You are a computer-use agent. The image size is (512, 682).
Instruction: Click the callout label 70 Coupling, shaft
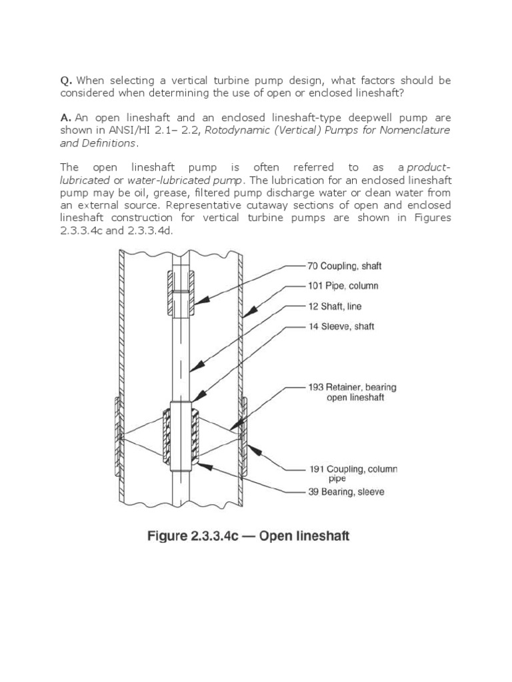pyautogui.click(x=344, y=266)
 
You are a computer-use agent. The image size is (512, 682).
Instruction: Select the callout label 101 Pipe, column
pyautogui.click(x=343, y=286)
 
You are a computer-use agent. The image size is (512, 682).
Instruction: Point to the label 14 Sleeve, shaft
pyautogui.click(x=339, y=327)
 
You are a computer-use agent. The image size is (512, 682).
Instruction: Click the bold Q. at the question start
pyautogui.click(x=66, y=81)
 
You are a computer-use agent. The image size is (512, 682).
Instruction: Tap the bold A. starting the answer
pyautogui.click(x=65, y=117)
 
